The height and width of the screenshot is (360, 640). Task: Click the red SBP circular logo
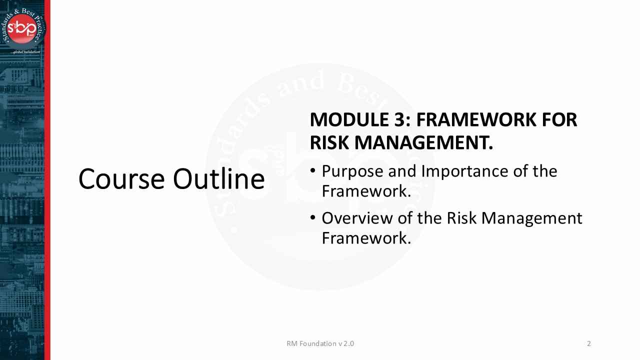[22, 28]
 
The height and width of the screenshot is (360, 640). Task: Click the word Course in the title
[121, 179]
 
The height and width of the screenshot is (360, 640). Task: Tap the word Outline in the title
[219, 178]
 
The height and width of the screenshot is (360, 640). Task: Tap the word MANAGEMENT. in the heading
[423, 142]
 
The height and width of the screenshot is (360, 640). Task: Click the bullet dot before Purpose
[313, 170]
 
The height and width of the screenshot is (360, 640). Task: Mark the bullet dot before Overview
[313, 217]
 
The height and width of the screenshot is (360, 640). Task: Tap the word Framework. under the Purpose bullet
[366, 191]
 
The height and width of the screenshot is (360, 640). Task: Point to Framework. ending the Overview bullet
[366, 238]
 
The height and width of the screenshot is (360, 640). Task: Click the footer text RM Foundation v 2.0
[320, 343]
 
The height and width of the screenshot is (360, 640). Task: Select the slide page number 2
[589, 343]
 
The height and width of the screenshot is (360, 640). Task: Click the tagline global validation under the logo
[25, 52]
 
